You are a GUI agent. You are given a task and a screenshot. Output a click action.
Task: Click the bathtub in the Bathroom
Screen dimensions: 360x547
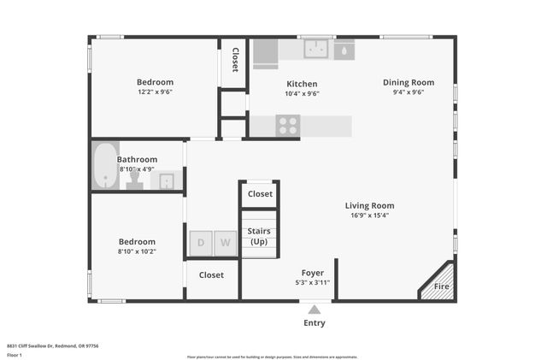coord(106,166)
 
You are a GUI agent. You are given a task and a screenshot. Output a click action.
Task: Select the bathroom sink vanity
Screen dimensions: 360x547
coord(166,180)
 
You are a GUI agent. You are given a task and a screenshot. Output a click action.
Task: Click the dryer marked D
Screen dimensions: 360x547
coord(201,243)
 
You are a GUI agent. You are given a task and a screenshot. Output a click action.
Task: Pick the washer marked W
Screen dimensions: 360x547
coord(225,243)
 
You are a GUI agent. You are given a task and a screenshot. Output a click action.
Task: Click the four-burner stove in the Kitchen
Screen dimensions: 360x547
coord(287,126)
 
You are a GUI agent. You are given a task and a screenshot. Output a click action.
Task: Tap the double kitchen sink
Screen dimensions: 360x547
coord(317,50)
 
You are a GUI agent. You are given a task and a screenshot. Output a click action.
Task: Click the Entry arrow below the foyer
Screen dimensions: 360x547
coord(315,310)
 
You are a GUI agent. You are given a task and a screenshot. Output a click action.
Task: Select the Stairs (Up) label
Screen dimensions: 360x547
coord(259,237)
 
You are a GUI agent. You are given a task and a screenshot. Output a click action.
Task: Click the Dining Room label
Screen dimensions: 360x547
coord(408,83)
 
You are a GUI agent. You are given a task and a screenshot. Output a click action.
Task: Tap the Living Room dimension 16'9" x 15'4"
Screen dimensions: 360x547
coord(369,215)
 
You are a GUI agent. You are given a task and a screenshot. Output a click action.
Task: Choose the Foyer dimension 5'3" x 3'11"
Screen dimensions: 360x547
coord(312,282)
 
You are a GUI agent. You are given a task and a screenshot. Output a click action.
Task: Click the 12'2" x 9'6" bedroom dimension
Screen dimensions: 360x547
coord(155,92)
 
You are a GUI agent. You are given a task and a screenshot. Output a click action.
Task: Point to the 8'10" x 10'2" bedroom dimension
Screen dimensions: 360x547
coord(137,252)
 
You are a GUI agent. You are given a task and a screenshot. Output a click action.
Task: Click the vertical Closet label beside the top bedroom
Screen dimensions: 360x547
coord(235,59)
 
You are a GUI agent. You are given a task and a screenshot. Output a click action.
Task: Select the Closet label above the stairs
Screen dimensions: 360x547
coord(260,194)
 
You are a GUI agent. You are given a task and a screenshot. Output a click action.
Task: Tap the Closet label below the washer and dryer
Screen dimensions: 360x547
coord(211,275)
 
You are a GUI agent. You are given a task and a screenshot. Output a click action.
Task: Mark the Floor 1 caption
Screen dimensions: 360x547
coord(15,354)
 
